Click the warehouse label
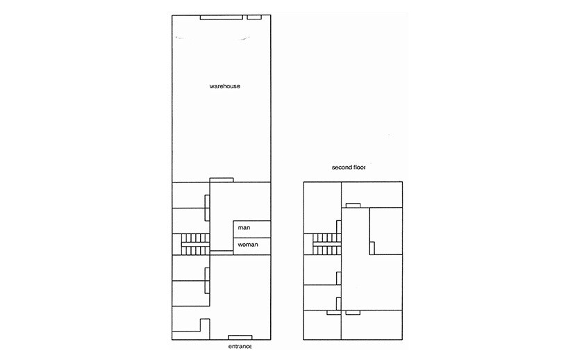pos(224,87)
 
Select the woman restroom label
pos(247,245)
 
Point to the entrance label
pos(240,346)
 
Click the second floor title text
pos(349,167)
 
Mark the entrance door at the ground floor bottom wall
pos(240,338)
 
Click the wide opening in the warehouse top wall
pos(221,17)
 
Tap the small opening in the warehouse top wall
pos(255,17)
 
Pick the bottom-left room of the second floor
pos(322,325)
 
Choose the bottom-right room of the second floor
pos(372,325)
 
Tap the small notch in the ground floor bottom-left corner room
pos(204,325)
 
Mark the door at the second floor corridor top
pos(353,205)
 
